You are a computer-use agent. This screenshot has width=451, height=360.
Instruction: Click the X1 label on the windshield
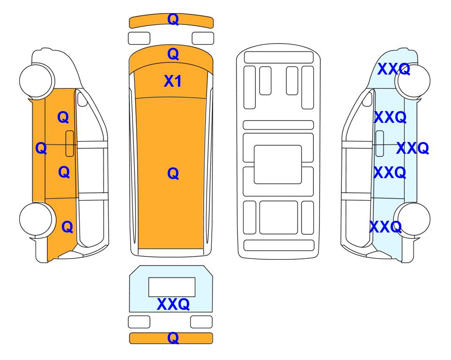click(x=172, y=81)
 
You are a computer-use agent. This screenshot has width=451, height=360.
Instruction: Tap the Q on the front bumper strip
click(x=173, y=19)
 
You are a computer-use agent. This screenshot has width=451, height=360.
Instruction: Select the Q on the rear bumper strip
click(x=173, y=337)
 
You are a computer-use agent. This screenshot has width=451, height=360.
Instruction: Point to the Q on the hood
click(x=173, y=54)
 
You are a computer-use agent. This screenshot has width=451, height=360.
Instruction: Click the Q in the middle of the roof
click(x=173, y=173)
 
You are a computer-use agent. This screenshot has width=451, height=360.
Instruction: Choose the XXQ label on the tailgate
click(x=173, y=304)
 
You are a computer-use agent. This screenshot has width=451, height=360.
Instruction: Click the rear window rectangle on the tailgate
click(x=172, y=287)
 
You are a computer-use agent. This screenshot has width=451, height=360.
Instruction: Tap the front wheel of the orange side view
click(x=37, y=81)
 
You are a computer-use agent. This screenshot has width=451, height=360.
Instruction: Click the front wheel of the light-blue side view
click(x=413, y=81)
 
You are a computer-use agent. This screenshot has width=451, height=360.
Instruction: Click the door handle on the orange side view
click(x=70, y=143)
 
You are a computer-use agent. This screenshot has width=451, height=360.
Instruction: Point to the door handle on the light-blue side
click(x=380, y=143)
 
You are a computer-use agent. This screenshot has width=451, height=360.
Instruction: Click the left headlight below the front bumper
click(x=139, y=38)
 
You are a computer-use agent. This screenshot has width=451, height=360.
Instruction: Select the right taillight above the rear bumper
click(x=201, y=322)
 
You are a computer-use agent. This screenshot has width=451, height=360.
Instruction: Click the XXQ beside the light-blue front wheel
click(x=393, y=69)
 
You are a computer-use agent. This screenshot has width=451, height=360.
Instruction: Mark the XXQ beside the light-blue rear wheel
click(x=385, y=227)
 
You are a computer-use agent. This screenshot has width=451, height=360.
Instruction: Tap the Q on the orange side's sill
click(x=41, y=148)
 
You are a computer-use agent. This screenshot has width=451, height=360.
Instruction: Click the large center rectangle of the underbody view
click(x=278, y=165)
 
